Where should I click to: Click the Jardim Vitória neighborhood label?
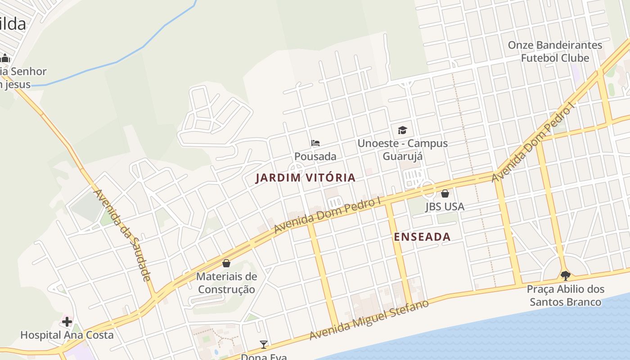click(306, 178)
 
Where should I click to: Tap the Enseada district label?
click(422, 237)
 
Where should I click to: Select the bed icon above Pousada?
click(315, 144)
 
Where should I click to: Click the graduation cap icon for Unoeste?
click(402, 130)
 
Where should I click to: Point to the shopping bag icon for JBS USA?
click(445, 193)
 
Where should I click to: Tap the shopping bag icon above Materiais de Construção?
click(226, 263)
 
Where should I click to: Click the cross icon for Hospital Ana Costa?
click(67, 322)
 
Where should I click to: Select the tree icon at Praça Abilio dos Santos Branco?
click(565, 276)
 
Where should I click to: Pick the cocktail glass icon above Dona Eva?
click(264, 345)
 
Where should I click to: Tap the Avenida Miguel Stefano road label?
click(369, 320)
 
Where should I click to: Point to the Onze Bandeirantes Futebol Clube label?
click(555, 52)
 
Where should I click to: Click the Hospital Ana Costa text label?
click(67, 335)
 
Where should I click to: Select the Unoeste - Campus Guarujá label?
click(402, 150)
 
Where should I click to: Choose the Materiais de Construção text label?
click(226, 283)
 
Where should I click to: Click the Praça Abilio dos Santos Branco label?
click(565, 296)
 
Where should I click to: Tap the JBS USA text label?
click(445, 207)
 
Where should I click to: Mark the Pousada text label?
click(315, 157)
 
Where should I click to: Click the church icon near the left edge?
click(5, 58)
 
